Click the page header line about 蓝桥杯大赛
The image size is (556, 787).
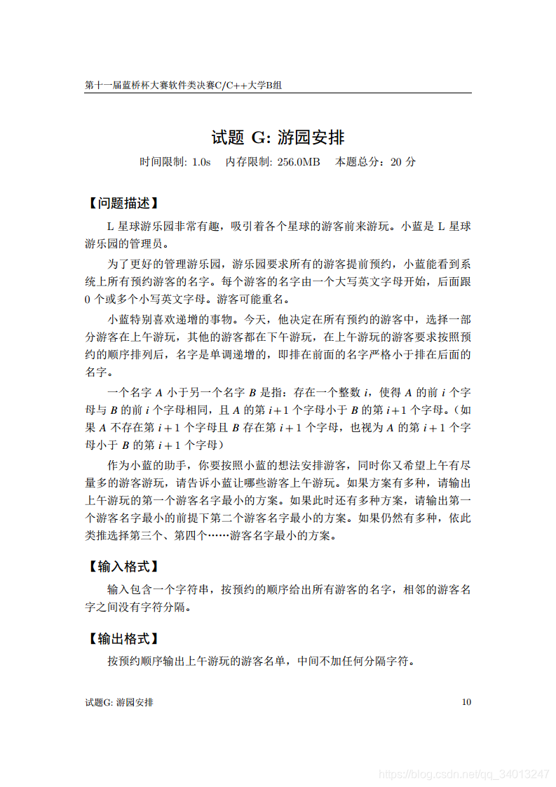(x=183, y=85)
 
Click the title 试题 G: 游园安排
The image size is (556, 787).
(x=278, y=137)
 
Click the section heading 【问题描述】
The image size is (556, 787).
(x=122, y=203)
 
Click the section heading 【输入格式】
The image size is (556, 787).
(x=122, y=566)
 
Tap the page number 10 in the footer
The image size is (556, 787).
(x=466, y=702)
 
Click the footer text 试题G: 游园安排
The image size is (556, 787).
(x=118, y=702)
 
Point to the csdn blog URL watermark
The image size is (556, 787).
(x=463, y=774)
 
